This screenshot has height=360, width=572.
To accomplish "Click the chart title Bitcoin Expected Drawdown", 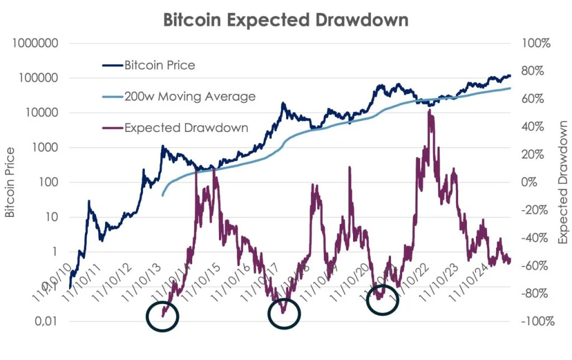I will pyautogui.click(x=285, y=20).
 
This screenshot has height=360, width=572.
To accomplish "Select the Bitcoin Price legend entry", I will pyautogui.click(x=159, y=65).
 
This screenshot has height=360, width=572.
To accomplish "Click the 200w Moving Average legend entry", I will pyautogui.click(x=189, y=96).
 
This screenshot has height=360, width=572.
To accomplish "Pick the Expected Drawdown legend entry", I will pyautogui.click(x=186, y=127).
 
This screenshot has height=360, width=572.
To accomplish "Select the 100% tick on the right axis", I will pyautogui.click(x=535, y=44).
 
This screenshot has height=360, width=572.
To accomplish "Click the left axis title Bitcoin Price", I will pyautogui.click(x=10, y=182).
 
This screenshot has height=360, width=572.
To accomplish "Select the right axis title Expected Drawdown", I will pyautogui.click(x=563, y=182).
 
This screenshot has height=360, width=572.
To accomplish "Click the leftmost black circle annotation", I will pyautogui.click(x=163, y=316).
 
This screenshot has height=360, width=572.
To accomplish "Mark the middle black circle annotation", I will pyautogui.click(x=284, y=315).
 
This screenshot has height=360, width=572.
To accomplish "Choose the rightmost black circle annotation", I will pyautogui.click(x=383, y=300).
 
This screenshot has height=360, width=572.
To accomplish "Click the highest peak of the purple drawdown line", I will pyautogui.click(x=428, y=111).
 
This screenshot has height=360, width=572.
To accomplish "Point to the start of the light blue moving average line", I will pyautogui.click(x=163, y=195).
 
